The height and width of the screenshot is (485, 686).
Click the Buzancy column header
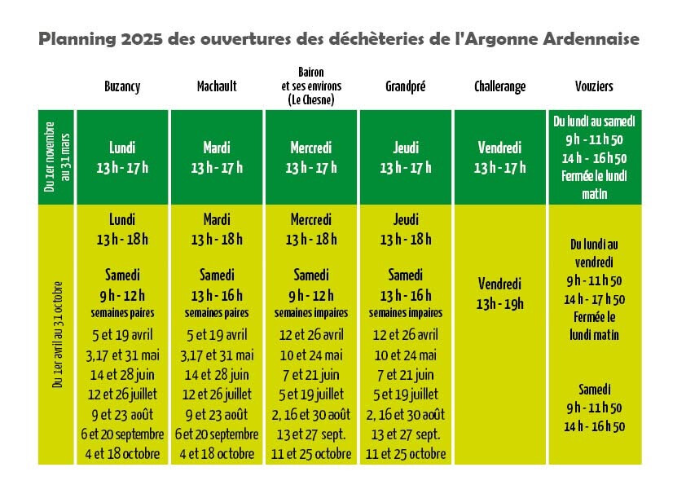(122, 86)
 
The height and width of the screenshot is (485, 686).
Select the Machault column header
(217, 86)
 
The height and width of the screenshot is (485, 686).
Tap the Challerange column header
(499, 86)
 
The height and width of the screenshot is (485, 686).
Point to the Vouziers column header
(593, 86)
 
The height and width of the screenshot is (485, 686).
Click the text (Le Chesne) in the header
(311, 100)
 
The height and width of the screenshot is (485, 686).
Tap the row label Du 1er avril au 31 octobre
(56, 334)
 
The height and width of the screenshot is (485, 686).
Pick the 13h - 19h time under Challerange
(500, 304)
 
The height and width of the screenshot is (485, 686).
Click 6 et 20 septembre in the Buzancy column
(123, 434)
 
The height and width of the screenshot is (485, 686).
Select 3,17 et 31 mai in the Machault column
(217, 355)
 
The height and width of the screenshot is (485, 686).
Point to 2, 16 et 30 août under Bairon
(311, 414)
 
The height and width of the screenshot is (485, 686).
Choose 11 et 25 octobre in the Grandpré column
(406, 453)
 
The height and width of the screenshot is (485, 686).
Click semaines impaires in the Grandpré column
(406, 313)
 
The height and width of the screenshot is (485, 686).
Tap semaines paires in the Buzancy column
(122, 313)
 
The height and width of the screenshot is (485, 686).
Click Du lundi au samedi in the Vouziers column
(594, 121)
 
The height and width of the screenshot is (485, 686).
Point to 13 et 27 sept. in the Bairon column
(311, 434)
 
